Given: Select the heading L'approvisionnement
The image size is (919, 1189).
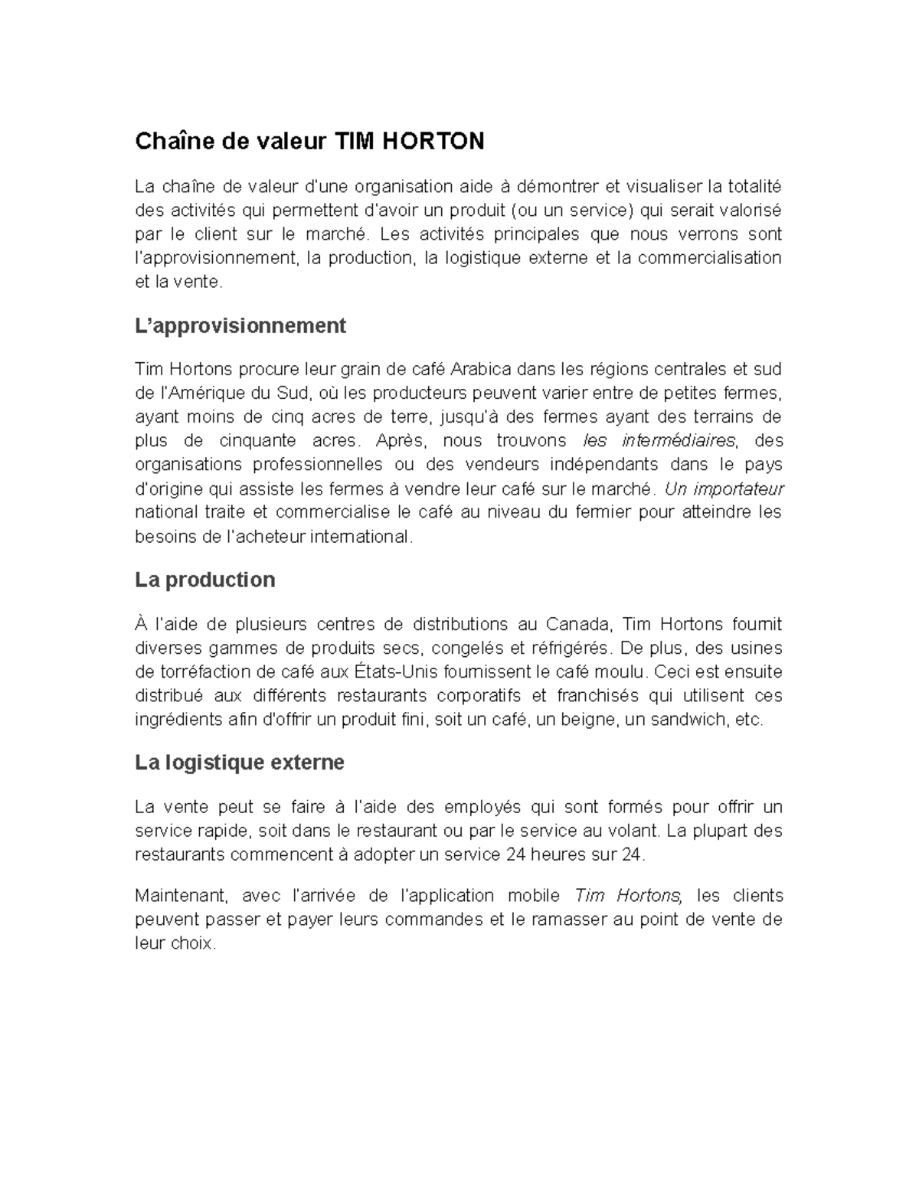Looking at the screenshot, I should pos(240,326).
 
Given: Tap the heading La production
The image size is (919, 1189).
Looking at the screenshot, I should pos(204,580).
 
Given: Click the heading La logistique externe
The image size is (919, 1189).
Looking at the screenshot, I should pos(239,763).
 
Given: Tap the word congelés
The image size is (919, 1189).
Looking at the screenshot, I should pos(459,648).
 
